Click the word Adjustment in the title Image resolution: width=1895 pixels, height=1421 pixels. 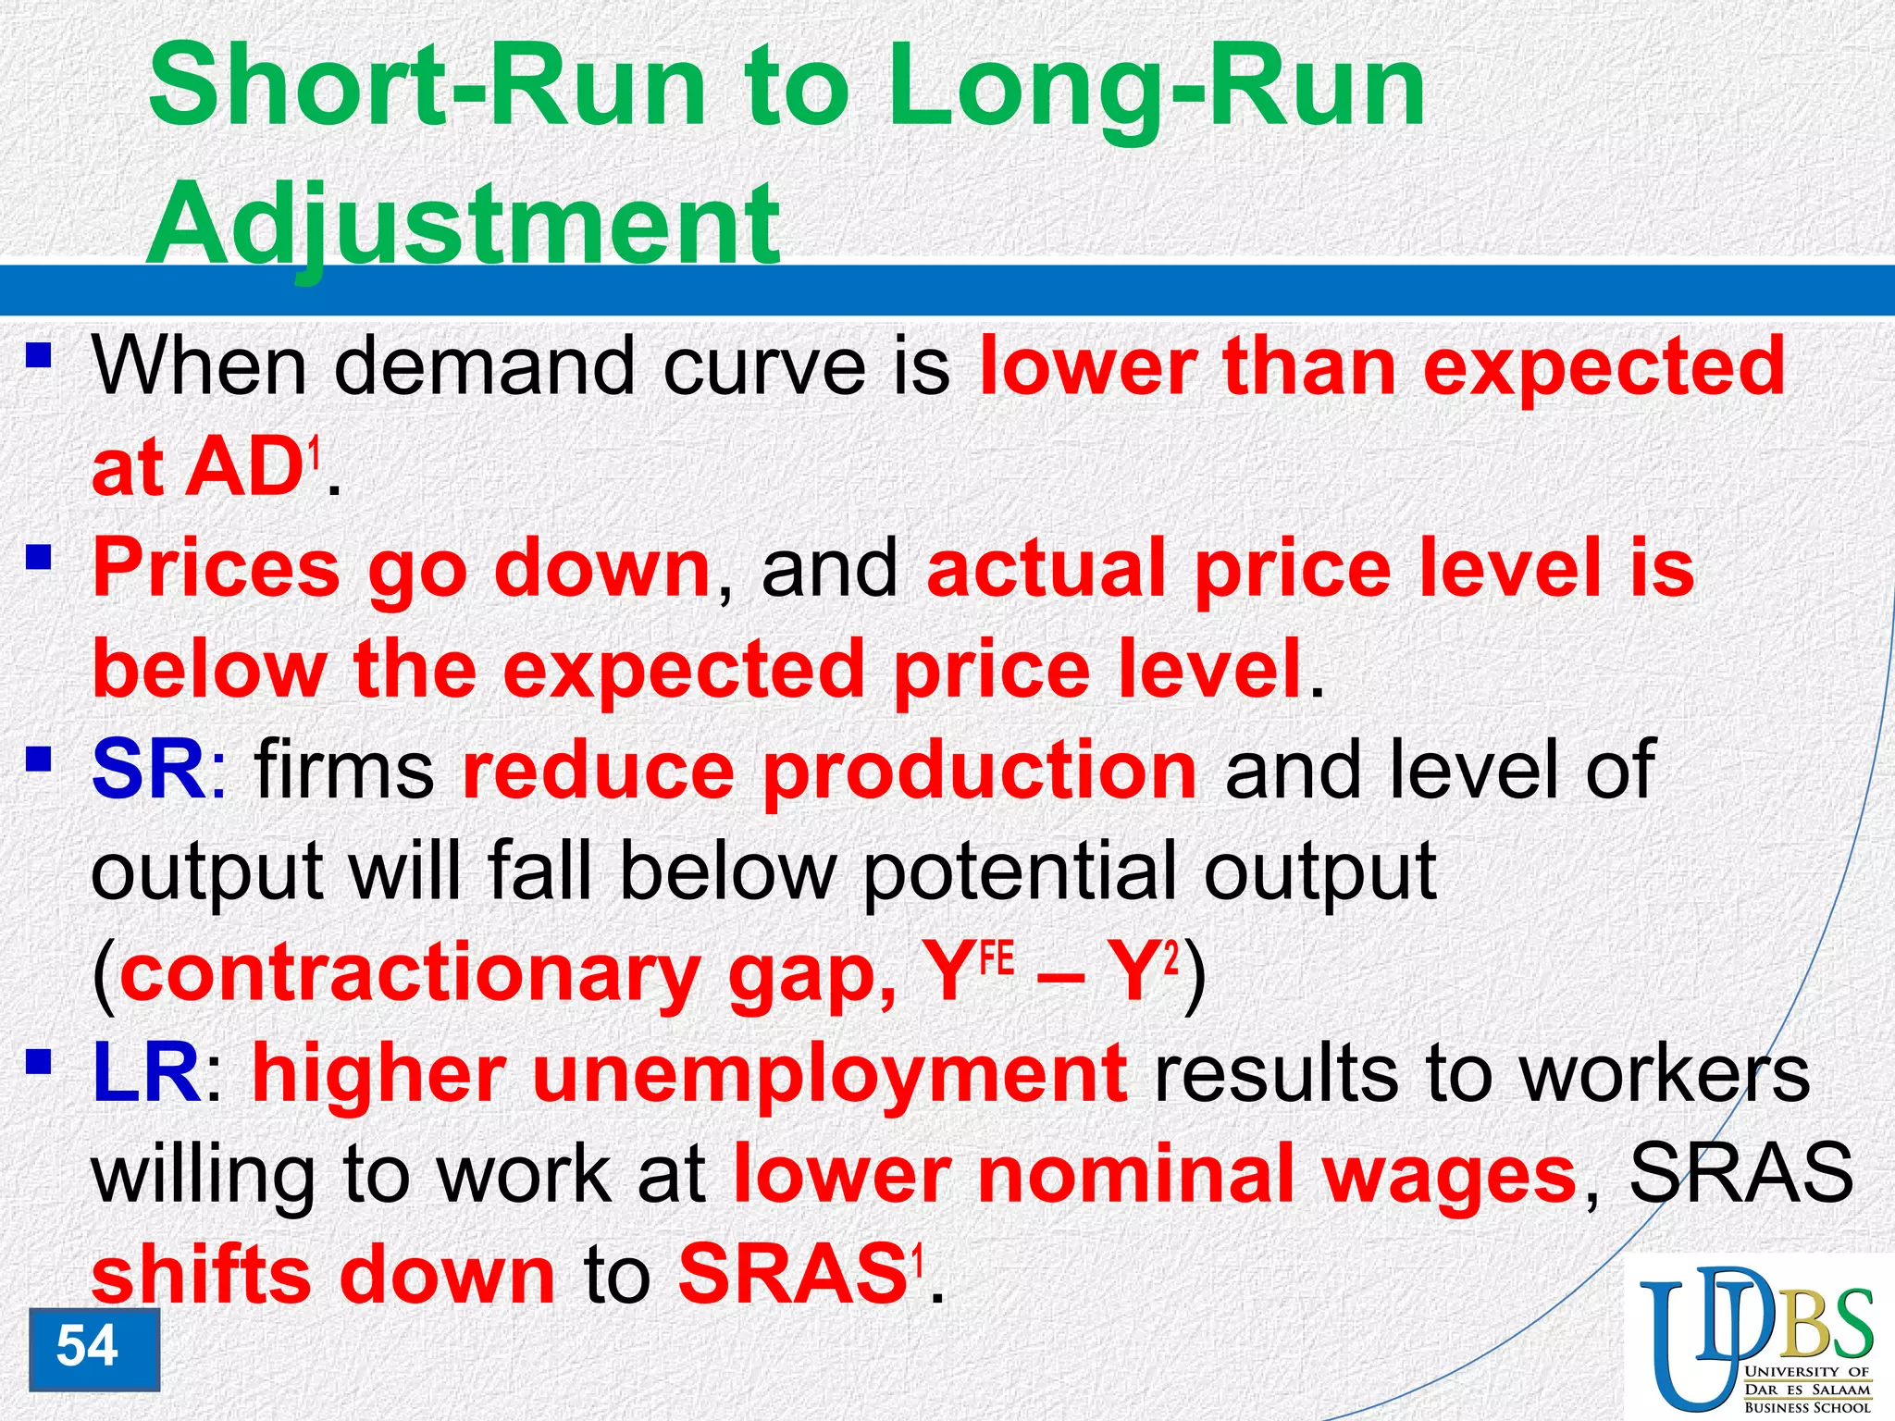tap(463, 224)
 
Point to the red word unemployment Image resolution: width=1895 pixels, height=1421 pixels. tap(829, 1076)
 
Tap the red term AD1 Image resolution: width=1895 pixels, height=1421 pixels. tap(254, 469)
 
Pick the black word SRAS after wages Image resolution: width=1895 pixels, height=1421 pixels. tap(1740, 1174)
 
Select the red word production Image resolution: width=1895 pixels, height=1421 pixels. tap(980, 771)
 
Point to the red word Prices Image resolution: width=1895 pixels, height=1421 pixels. tap(217, 569)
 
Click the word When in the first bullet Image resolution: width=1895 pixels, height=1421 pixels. tap(199, 367)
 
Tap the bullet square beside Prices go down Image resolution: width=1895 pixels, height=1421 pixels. tap(38, 557)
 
